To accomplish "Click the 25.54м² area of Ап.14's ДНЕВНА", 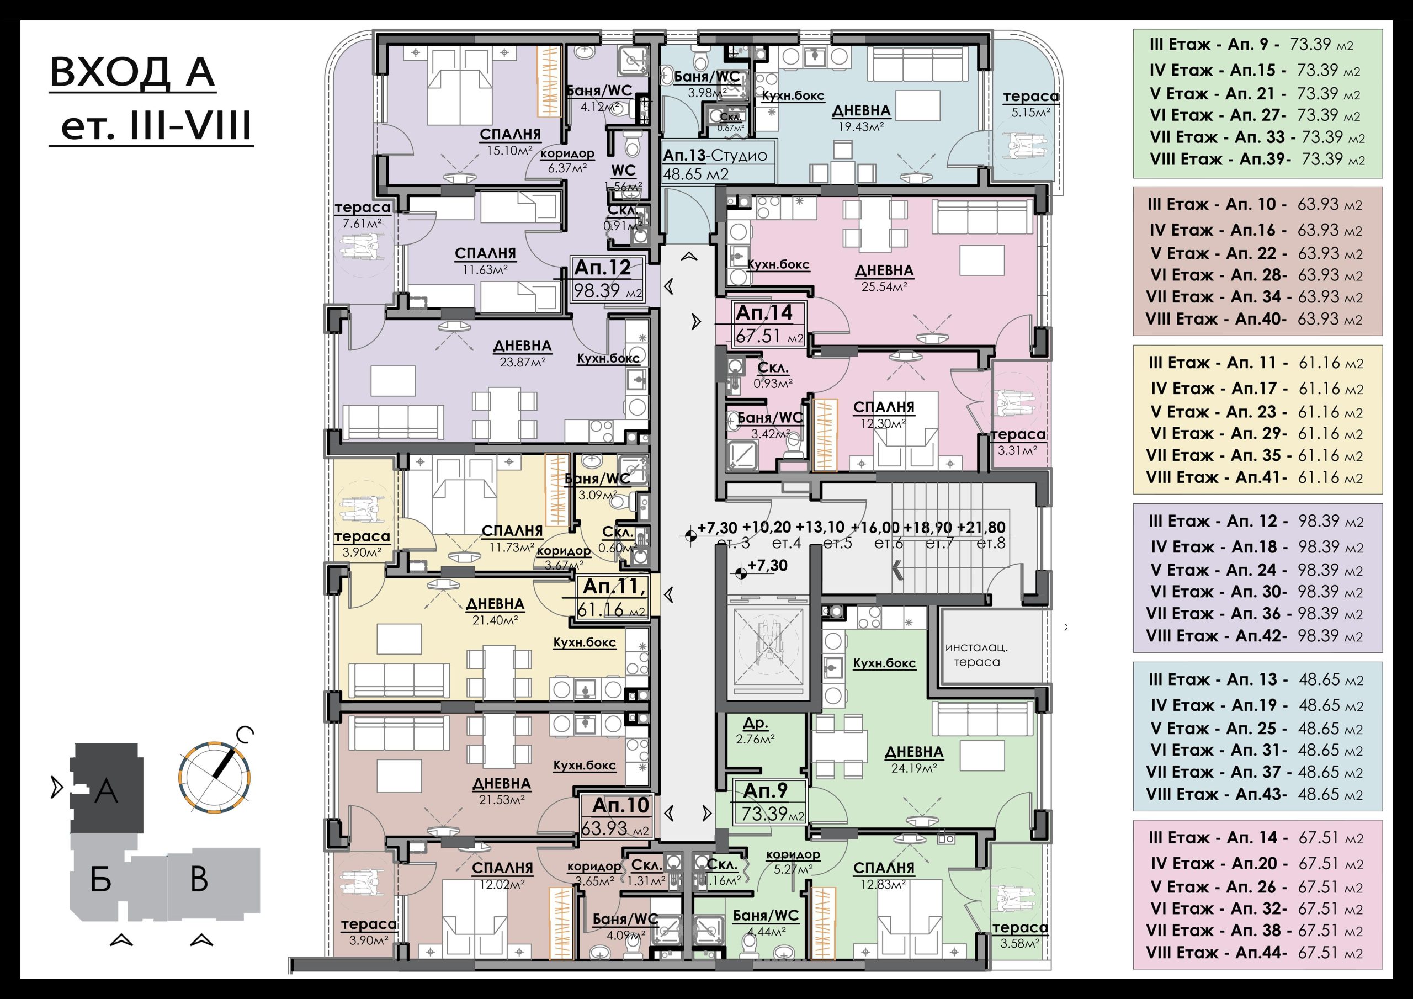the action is [x=885, y=286].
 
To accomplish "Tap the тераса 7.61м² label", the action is [x=363, y=215].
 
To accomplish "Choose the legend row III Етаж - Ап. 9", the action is [x=1251, y=44].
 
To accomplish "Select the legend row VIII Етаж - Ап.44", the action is [x=1254, y=952].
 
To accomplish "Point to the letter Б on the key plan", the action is [x=100, y=879].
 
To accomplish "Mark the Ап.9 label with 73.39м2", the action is [x=769, y=801].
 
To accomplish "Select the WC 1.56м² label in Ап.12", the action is [x=623, y=177].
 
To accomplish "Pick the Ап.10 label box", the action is [x=615, y=816].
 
